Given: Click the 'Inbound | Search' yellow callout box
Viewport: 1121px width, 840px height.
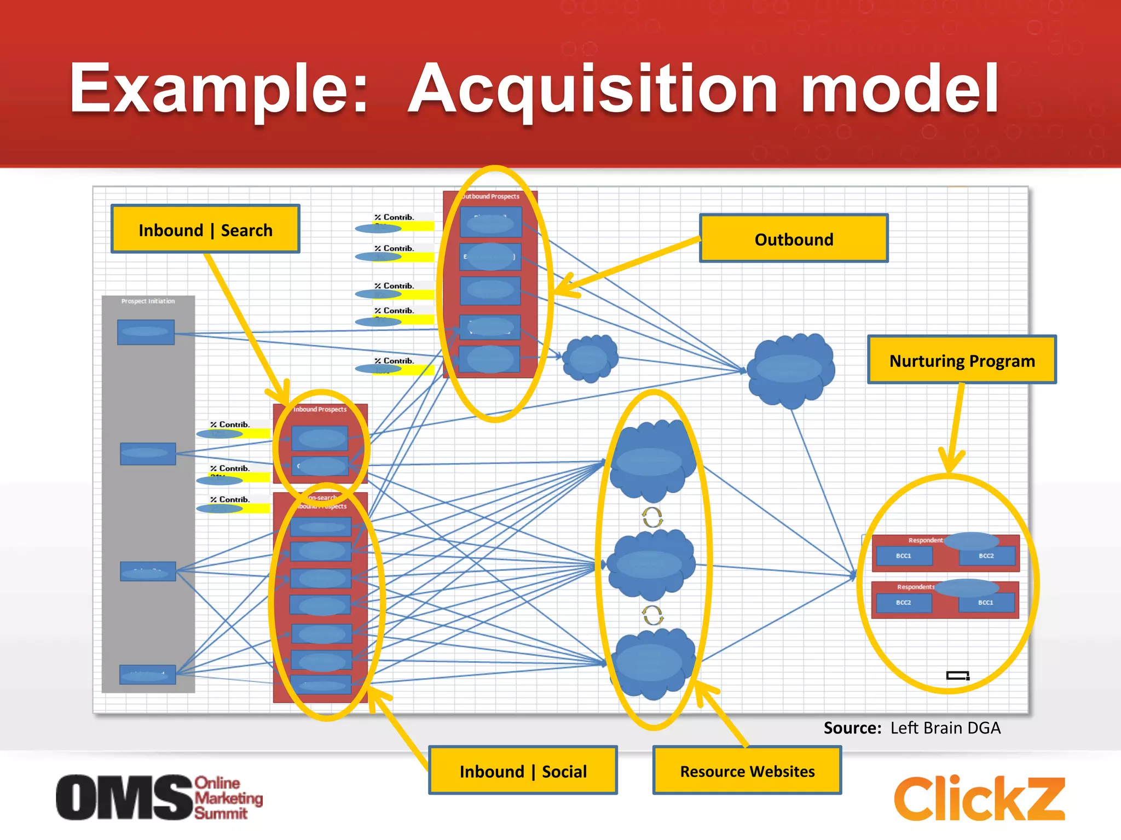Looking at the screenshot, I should point(205,230).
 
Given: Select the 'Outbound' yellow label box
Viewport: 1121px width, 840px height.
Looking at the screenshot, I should point(794,239).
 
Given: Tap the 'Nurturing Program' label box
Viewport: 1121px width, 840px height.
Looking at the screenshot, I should point(962,360).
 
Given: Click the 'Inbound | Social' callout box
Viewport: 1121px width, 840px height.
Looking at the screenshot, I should point(523,771).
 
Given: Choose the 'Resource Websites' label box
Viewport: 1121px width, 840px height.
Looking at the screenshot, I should point(747,771).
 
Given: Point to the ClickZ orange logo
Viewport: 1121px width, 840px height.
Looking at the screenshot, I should point(979,798).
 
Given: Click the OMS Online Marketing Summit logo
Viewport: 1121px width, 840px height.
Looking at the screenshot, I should point(159,797).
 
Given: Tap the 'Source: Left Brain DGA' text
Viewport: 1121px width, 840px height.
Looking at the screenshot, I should point(912,728).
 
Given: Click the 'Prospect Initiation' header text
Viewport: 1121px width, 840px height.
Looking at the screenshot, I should point(148,301).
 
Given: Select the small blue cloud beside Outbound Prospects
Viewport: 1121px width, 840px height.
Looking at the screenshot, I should point(590,359).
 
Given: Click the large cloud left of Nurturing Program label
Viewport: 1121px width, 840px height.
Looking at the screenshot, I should point(791,370).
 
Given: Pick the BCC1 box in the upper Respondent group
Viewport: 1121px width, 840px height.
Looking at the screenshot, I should point(904,556).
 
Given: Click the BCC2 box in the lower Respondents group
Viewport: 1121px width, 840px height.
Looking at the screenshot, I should point(904,603).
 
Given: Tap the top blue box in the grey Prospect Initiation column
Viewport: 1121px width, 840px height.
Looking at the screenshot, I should point(146,332).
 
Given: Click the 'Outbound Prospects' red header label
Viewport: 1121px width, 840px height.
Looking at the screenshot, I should point(490,196).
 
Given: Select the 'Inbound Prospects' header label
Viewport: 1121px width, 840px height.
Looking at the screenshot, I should point(320,409).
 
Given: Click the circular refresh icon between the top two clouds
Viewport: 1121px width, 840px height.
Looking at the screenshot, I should point(652,517).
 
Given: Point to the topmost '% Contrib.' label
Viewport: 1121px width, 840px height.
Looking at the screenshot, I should point(394,217).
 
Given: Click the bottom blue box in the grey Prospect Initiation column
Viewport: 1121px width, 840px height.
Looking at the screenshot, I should point(148,675).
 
